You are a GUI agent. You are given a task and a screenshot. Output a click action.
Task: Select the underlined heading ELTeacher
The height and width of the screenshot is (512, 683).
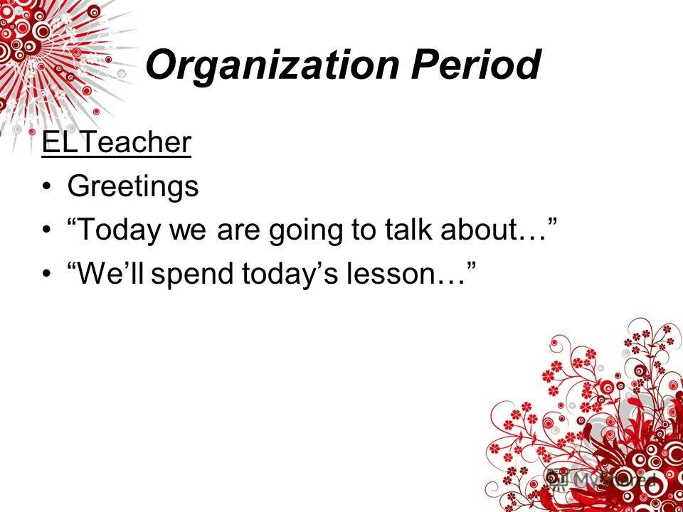tap(116, 143)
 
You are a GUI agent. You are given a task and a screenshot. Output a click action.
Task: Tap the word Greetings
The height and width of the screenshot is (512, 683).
tap(132, 187)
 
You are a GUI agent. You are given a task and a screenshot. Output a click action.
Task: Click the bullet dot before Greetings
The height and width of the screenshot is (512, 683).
tap(46, 188)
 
